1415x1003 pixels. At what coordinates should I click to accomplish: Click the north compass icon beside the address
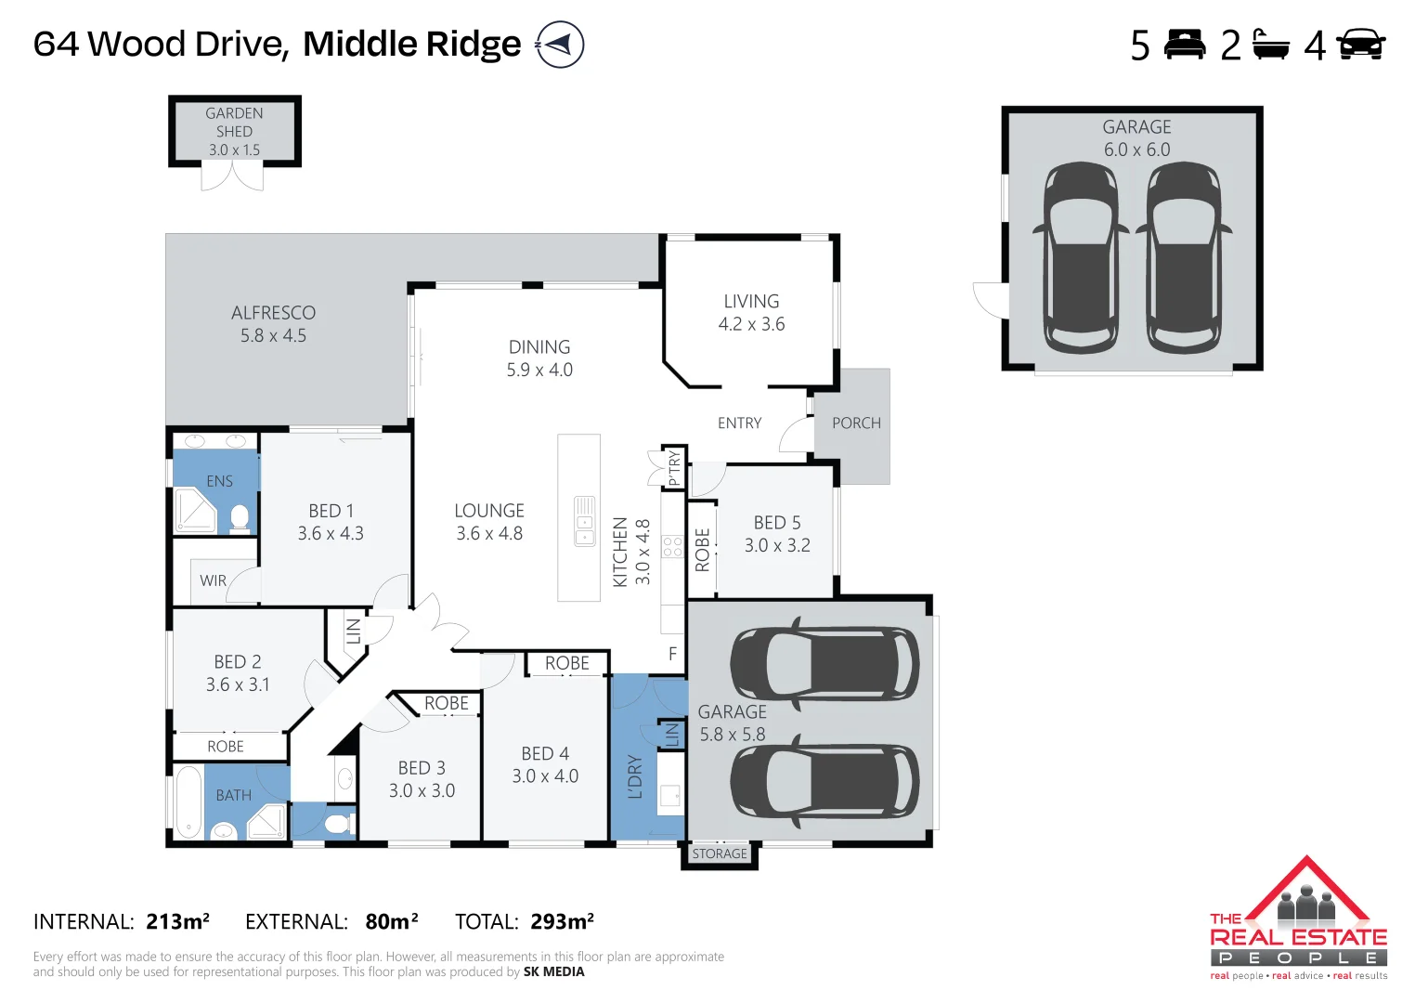[560, 45]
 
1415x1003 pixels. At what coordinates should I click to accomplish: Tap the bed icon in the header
[1185, 45]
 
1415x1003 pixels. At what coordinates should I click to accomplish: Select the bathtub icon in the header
[1270, 45]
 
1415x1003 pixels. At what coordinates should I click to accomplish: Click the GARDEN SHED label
[234, 122]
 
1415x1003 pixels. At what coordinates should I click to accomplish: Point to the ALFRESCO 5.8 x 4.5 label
[273, 323]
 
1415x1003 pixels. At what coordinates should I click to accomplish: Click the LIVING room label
[751, 302]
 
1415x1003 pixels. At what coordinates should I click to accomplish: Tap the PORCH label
[856, 423]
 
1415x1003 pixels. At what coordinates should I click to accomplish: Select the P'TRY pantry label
[675, 468]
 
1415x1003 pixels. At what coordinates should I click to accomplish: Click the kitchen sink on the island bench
[584, 521]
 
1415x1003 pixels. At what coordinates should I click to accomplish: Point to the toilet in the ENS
[240, 517]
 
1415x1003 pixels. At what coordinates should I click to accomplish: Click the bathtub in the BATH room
[188, 802]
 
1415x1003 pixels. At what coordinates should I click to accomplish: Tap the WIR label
[213, 580]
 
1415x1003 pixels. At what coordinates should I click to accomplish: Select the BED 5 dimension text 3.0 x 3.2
[777, 545]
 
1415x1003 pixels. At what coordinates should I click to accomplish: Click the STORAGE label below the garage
[720, 853]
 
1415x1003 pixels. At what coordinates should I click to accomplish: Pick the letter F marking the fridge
[673, 654]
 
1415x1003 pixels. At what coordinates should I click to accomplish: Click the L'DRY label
[635, 776]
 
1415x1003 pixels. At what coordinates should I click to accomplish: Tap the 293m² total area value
[563, 921]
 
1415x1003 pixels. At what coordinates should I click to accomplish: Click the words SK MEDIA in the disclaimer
[554, 972]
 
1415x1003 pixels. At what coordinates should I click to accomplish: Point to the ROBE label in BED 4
[566, 663]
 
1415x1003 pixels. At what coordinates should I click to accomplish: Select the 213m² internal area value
[177, 921]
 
